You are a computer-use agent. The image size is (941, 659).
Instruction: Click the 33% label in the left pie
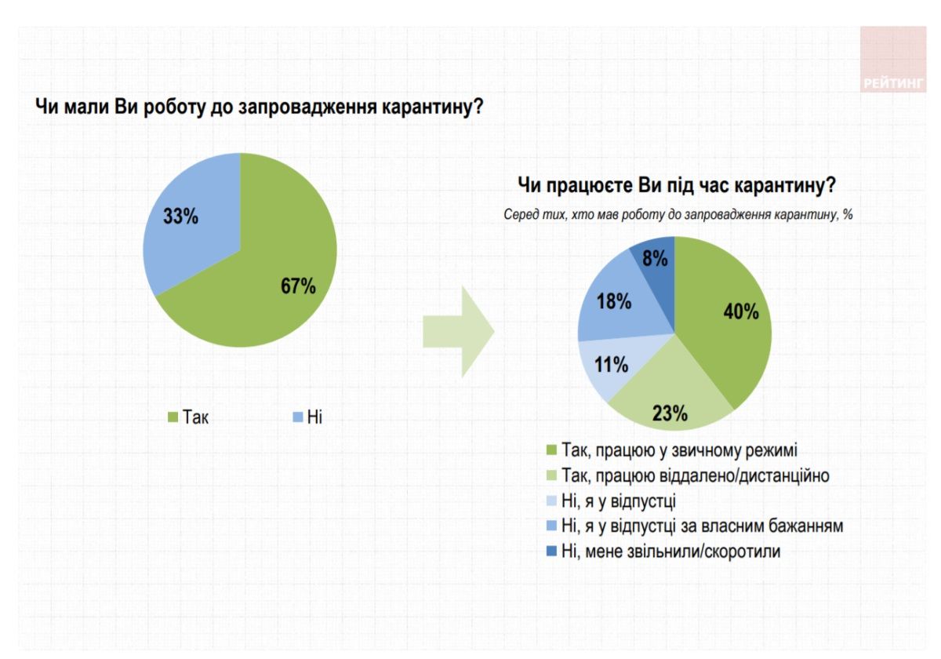(180, 217)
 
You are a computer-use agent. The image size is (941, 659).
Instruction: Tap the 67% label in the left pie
(298, 286)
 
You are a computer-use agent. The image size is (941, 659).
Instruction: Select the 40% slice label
(740, 311)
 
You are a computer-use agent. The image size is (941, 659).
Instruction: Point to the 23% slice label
(670, 413)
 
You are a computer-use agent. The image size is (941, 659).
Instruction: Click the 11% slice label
(611, 365)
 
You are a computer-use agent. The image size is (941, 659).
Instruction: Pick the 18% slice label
(614, 301)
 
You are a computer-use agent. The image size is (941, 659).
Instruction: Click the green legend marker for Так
(174, 417)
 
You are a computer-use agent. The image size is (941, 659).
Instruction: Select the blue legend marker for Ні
(298, 417)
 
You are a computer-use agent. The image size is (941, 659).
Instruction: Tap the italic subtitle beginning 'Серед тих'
(678, 214)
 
